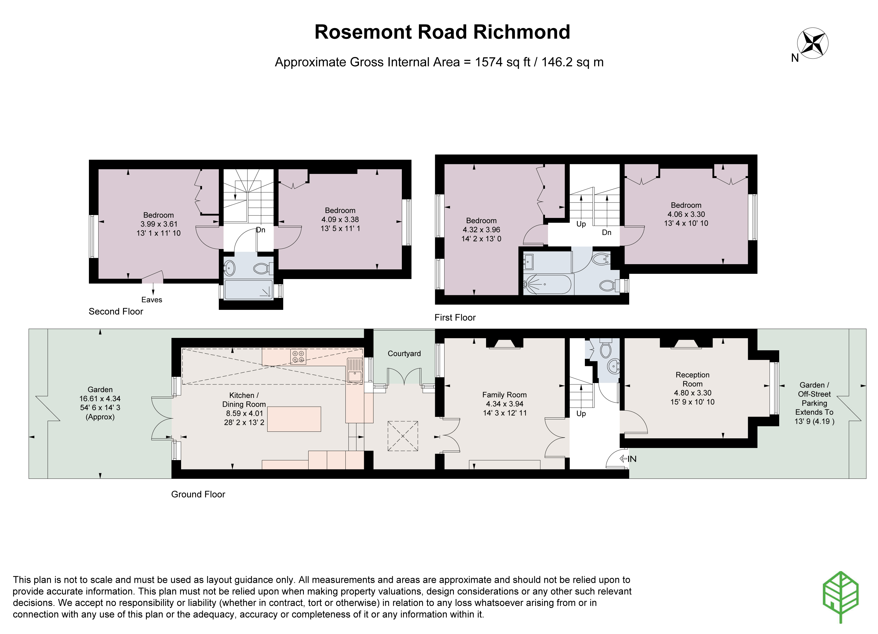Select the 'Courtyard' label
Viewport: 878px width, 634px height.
404,353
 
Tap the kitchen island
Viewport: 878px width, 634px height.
294,419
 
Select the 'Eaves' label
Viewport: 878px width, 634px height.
151,300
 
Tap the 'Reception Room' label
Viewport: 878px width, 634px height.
692,379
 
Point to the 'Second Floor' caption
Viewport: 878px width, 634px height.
116,311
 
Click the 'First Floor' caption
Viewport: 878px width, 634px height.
455,317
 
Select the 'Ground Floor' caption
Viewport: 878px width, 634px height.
198,494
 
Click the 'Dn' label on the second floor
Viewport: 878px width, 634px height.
261,230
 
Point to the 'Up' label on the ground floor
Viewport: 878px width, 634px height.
581,413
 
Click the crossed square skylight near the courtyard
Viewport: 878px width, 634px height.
403,436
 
